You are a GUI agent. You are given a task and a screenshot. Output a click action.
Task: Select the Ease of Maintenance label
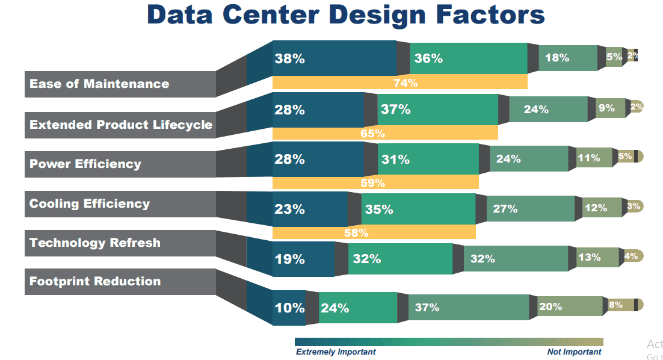(x=99, y=84)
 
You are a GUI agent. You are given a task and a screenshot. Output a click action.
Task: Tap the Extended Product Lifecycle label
(x=120, y=125)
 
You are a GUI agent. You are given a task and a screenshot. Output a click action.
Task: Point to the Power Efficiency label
(x=85, y=164)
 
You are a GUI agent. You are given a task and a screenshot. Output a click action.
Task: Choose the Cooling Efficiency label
(x=90, y=203)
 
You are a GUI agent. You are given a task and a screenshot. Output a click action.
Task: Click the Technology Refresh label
(x=95, y=243)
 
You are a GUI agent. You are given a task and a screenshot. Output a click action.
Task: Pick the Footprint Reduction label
(x=95, y=281)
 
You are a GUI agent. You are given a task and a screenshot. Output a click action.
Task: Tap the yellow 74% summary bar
(x=399, y=83)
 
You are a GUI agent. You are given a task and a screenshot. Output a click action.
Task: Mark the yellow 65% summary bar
(x=385, y=133)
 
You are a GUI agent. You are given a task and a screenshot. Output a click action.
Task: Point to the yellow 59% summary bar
(x=375, y=182)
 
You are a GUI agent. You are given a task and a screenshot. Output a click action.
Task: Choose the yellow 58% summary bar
(x=373, y=232)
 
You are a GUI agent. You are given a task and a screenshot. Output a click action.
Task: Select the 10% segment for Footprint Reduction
(x=289, y=308)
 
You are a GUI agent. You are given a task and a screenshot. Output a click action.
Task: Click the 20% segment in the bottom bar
(x=566, y=306)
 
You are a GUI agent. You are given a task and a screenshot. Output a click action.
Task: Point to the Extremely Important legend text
(x=336, y=352)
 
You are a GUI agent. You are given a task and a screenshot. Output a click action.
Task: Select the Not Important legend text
(x=574, y=352)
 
